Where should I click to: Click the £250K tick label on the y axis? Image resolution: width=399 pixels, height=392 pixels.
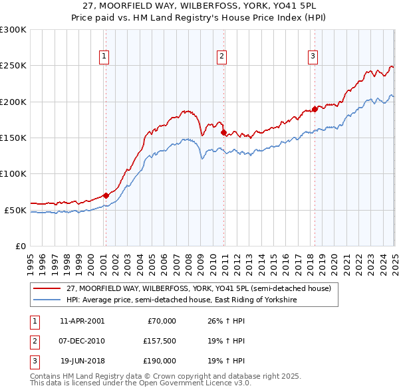coord(13,66)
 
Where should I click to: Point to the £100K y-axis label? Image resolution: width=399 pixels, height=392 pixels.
coord(13,174)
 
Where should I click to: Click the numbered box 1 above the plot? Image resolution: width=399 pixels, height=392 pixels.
coord(105,57)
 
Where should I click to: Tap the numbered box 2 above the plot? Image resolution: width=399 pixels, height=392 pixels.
coord(221,57)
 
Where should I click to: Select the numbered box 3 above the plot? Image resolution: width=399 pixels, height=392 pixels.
coord(313,57)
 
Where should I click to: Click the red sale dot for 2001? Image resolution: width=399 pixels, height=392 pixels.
coord(106,195)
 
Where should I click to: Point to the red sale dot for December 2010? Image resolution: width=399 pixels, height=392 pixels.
coord(223,132)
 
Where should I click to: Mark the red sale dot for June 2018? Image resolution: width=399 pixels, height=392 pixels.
coord(315,109)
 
